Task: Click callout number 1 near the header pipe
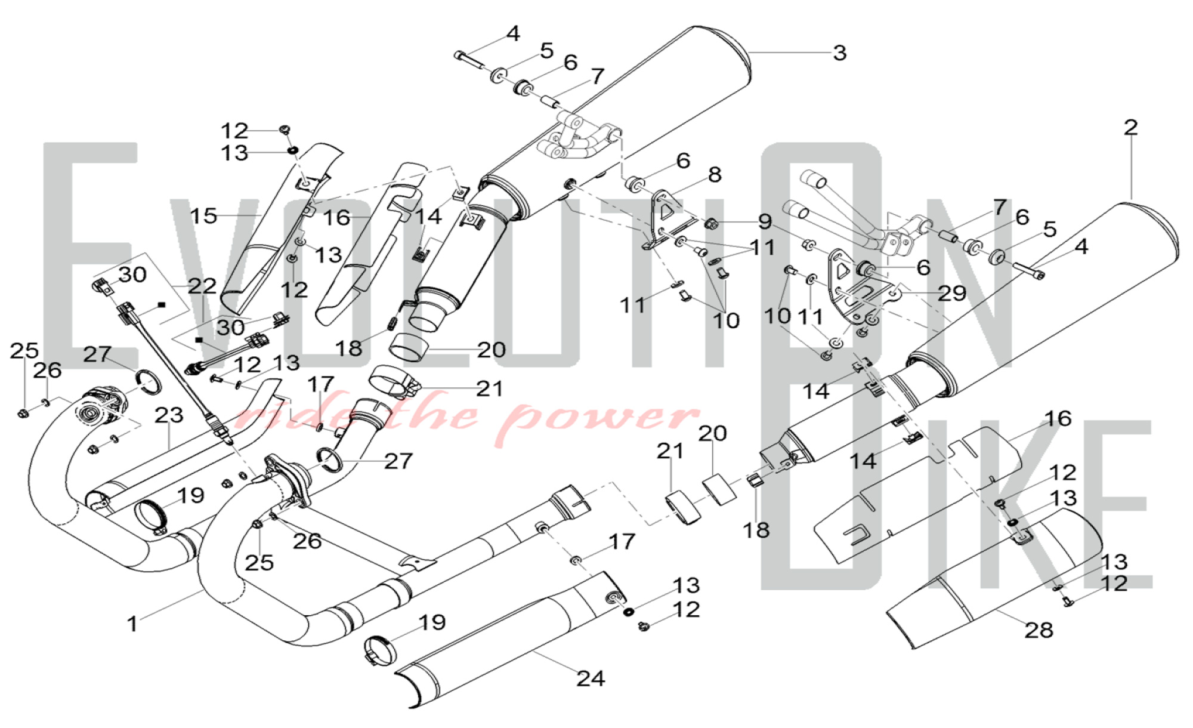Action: [132, 624]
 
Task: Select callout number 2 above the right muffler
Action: [1130, 127]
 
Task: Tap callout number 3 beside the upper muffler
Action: [839, 53]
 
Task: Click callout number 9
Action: [765, 222]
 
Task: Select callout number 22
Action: [202, 286]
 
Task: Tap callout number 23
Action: [169, 415]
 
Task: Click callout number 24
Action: [590, 678]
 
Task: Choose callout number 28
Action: [1039, 630]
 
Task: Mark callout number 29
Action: [951, 293]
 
